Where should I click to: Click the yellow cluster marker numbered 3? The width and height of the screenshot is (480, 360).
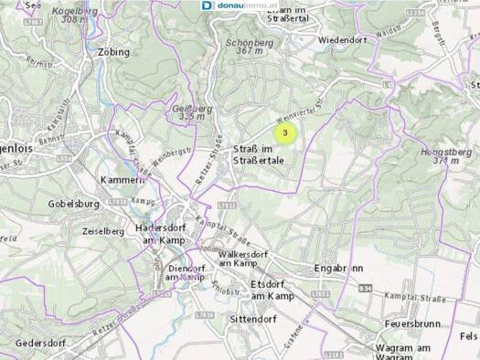coord(286,133)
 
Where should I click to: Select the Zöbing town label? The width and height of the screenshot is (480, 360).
coord(112,52)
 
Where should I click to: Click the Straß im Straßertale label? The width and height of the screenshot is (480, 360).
coord(258,154)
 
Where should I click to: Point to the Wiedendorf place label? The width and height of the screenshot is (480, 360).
coord(342,40)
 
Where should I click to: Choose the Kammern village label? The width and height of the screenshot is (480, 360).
coord(124,179)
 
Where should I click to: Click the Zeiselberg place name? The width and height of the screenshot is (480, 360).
coord(102,231)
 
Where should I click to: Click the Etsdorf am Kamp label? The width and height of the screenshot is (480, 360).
coord(271,290)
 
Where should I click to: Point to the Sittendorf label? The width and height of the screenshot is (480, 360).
coord(251,319)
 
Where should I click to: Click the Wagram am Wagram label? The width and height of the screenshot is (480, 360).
coord(402,353)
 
